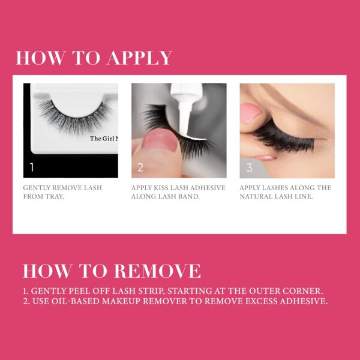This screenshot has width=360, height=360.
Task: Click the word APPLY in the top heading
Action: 139,58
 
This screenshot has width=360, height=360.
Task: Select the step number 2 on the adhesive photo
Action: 140,167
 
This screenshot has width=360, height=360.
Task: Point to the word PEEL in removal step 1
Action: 76,291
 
